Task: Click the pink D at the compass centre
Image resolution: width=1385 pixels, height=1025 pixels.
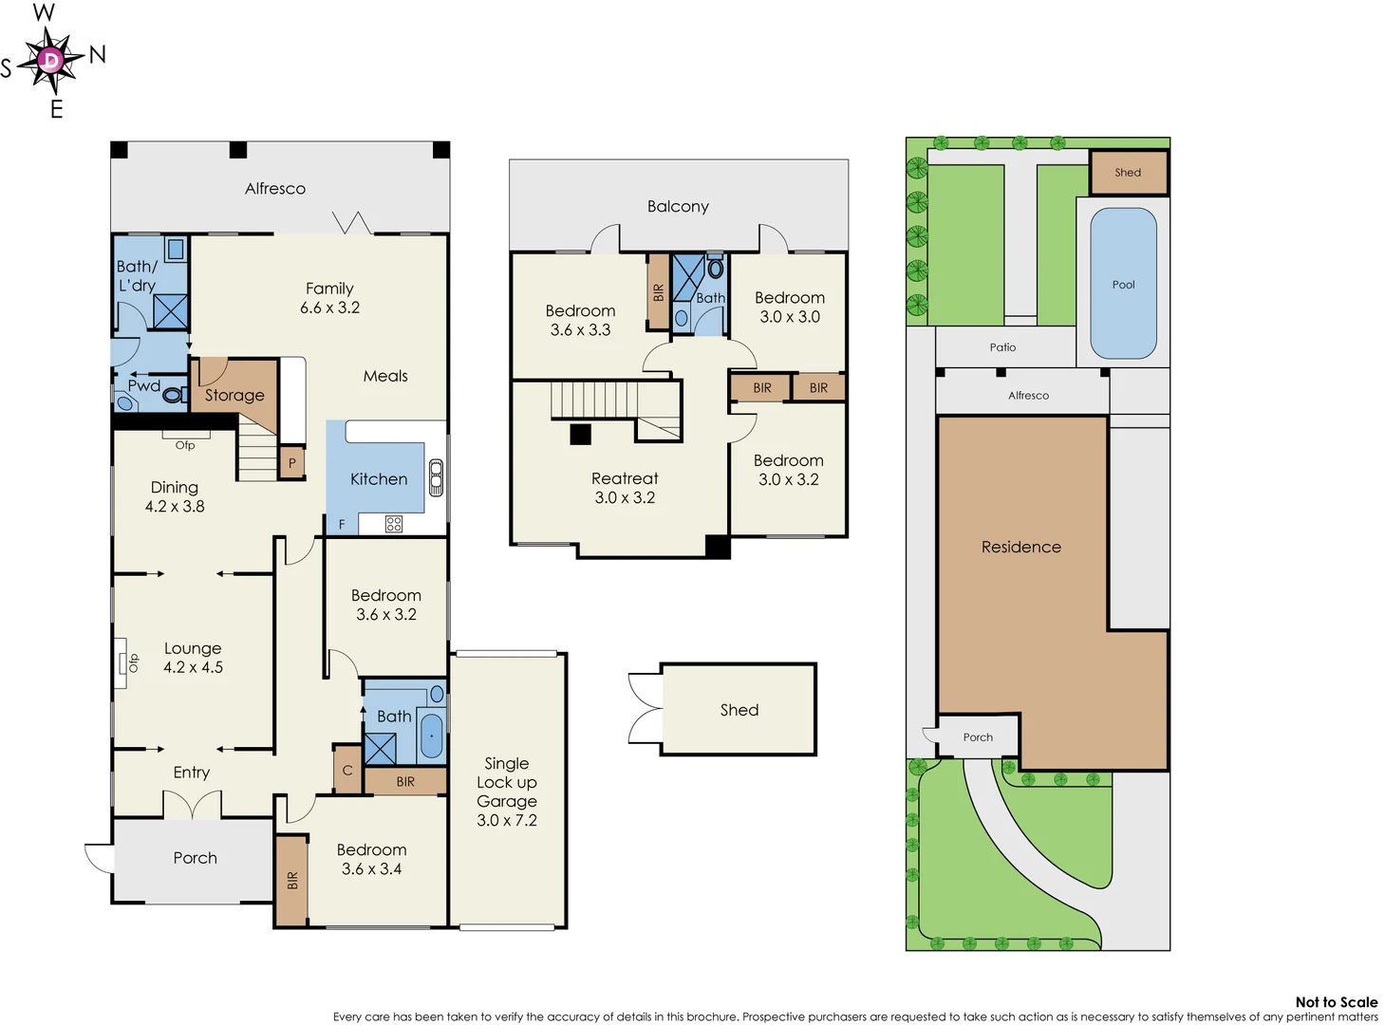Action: (50, 61)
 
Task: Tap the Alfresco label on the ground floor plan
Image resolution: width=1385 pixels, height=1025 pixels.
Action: (275, 189)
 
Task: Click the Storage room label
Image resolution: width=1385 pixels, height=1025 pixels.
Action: (234, 395)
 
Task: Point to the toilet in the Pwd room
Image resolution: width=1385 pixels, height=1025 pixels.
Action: (174, 394)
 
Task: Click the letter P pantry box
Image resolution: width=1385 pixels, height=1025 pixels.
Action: (292, 463)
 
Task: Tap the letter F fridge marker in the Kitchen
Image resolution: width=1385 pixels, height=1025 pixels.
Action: (342, 524)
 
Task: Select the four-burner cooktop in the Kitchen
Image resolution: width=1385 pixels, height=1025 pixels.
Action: (394, 524)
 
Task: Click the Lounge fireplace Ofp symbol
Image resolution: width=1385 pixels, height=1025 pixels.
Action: (124, 662)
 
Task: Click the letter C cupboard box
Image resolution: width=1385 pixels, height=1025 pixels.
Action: (347, 771)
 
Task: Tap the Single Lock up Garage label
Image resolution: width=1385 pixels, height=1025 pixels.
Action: (507, 792)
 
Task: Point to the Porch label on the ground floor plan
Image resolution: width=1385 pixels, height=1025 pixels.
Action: (195, 858)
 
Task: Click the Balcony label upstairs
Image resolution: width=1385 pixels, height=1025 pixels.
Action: (678, 206)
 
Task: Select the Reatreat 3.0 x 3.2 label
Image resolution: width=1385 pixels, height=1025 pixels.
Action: (625, 488)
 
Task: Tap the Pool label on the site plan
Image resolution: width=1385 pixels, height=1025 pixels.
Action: (1123, 285)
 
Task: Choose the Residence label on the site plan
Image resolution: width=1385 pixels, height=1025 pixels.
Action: (1021, 547)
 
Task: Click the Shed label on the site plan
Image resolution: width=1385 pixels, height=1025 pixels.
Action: (1128, 173)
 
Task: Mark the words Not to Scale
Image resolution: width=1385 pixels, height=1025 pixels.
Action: (1336, 1001)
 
